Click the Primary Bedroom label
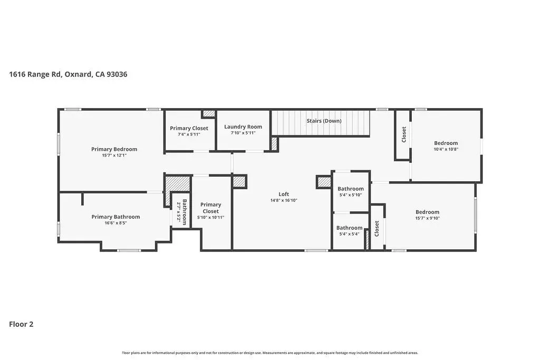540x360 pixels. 114,149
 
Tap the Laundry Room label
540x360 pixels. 243,127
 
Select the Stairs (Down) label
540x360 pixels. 324,121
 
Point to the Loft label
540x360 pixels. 284,194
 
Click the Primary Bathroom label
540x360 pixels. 115,217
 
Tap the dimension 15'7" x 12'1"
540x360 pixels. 114,155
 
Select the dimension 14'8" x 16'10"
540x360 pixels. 284,200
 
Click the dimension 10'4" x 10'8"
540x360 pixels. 446,149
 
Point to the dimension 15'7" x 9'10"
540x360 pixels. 427,218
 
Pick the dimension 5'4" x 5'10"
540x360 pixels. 351,195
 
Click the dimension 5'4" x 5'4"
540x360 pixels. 349,234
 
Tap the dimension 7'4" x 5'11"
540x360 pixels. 189,134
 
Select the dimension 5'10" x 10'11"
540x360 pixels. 211,218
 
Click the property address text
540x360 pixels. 68,74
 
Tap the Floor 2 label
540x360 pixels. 21,324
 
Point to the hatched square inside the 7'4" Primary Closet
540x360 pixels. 208,113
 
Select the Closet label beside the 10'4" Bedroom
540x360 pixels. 404,134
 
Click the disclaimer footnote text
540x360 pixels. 270,353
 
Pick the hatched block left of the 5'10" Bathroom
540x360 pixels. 324,182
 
